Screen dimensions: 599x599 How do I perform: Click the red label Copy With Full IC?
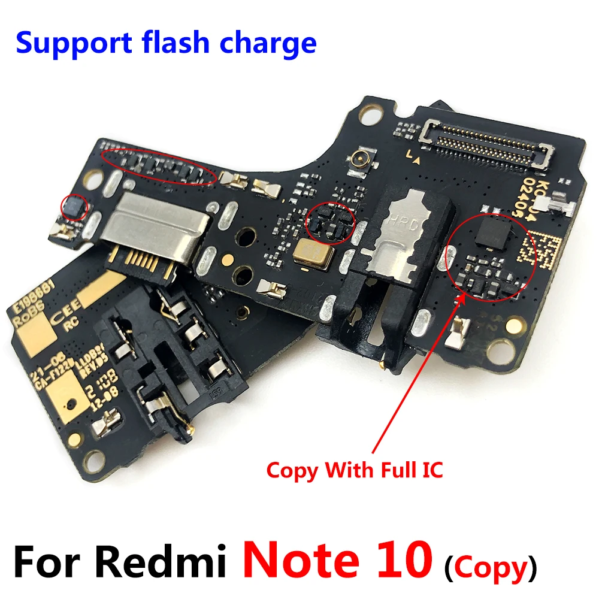click(x=355, y=469)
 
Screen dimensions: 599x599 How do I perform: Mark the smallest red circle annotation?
click(x=75, y=207)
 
